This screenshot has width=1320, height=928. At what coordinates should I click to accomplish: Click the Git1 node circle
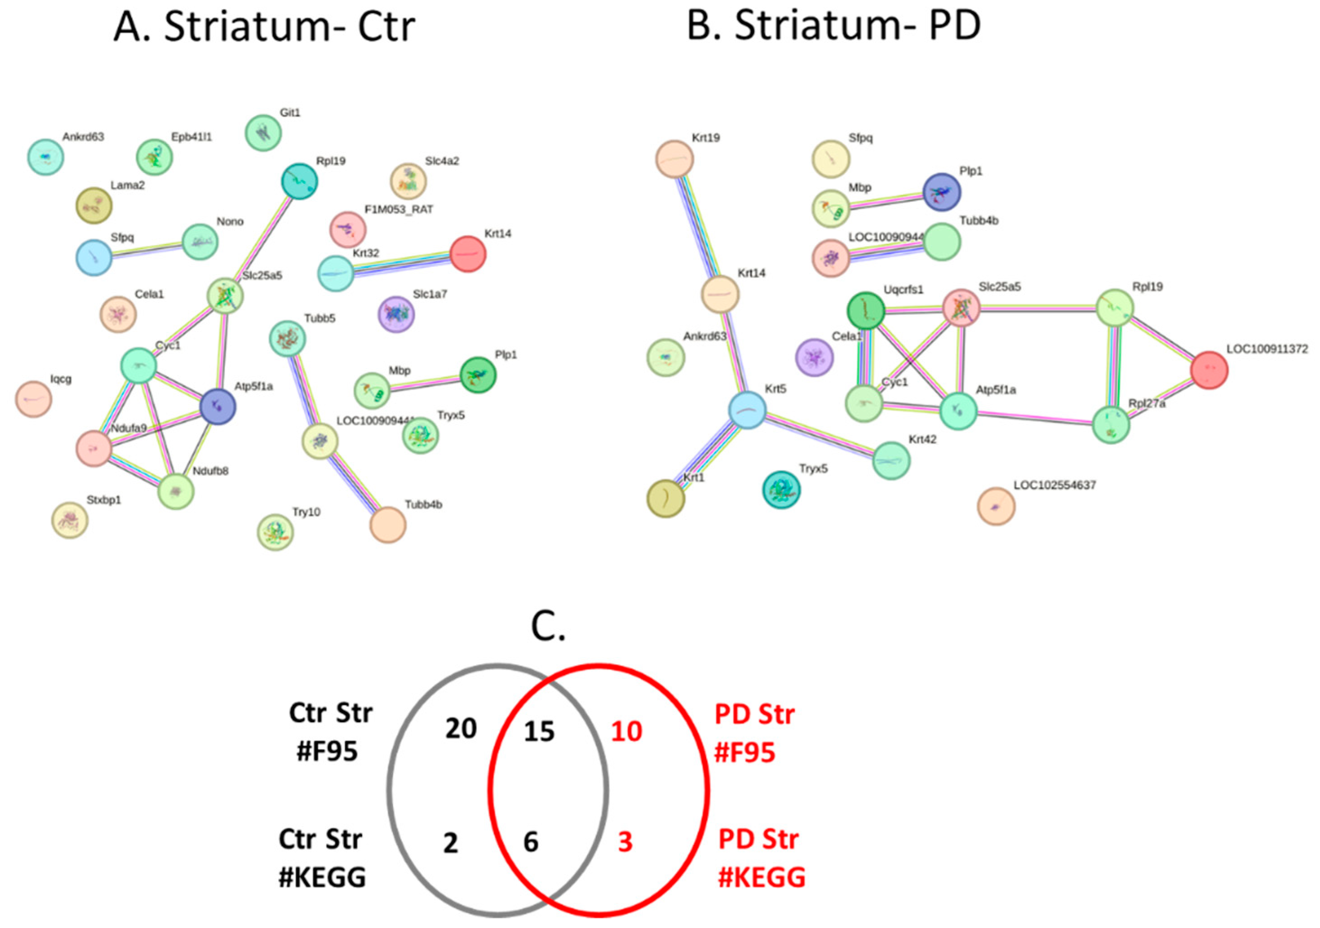point(263,133)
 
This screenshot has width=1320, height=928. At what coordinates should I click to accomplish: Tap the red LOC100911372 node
point(1209,370)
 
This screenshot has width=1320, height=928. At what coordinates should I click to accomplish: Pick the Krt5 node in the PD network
point(748,410)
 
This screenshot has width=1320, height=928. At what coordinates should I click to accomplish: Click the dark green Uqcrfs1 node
point(866,311)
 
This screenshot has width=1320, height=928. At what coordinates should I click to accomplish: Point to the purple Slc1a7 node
point(396,314)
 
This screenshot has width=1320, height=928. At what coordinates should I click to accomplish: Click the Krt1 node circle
point(666,499)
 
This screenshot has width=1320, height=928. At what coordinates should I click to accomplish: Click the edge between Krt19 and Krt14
point(698,227)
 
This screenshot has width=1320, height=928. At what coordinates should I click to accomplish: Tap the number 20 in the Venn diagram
point(461,729)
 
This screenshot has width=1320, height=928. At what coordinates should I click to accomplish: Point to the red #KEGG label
point(762,878)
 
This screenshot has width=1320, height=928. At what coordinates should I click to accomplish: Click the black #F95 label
point(326,751)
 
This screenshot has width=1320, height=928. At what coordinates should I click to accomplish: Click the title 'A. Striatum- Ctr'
point(264,27)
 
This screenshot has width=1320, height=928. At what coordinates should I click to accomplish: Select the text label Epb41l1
point(191,137)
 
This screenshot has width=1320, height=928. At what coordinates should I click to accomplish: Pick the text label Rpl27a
point(1147,404)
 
